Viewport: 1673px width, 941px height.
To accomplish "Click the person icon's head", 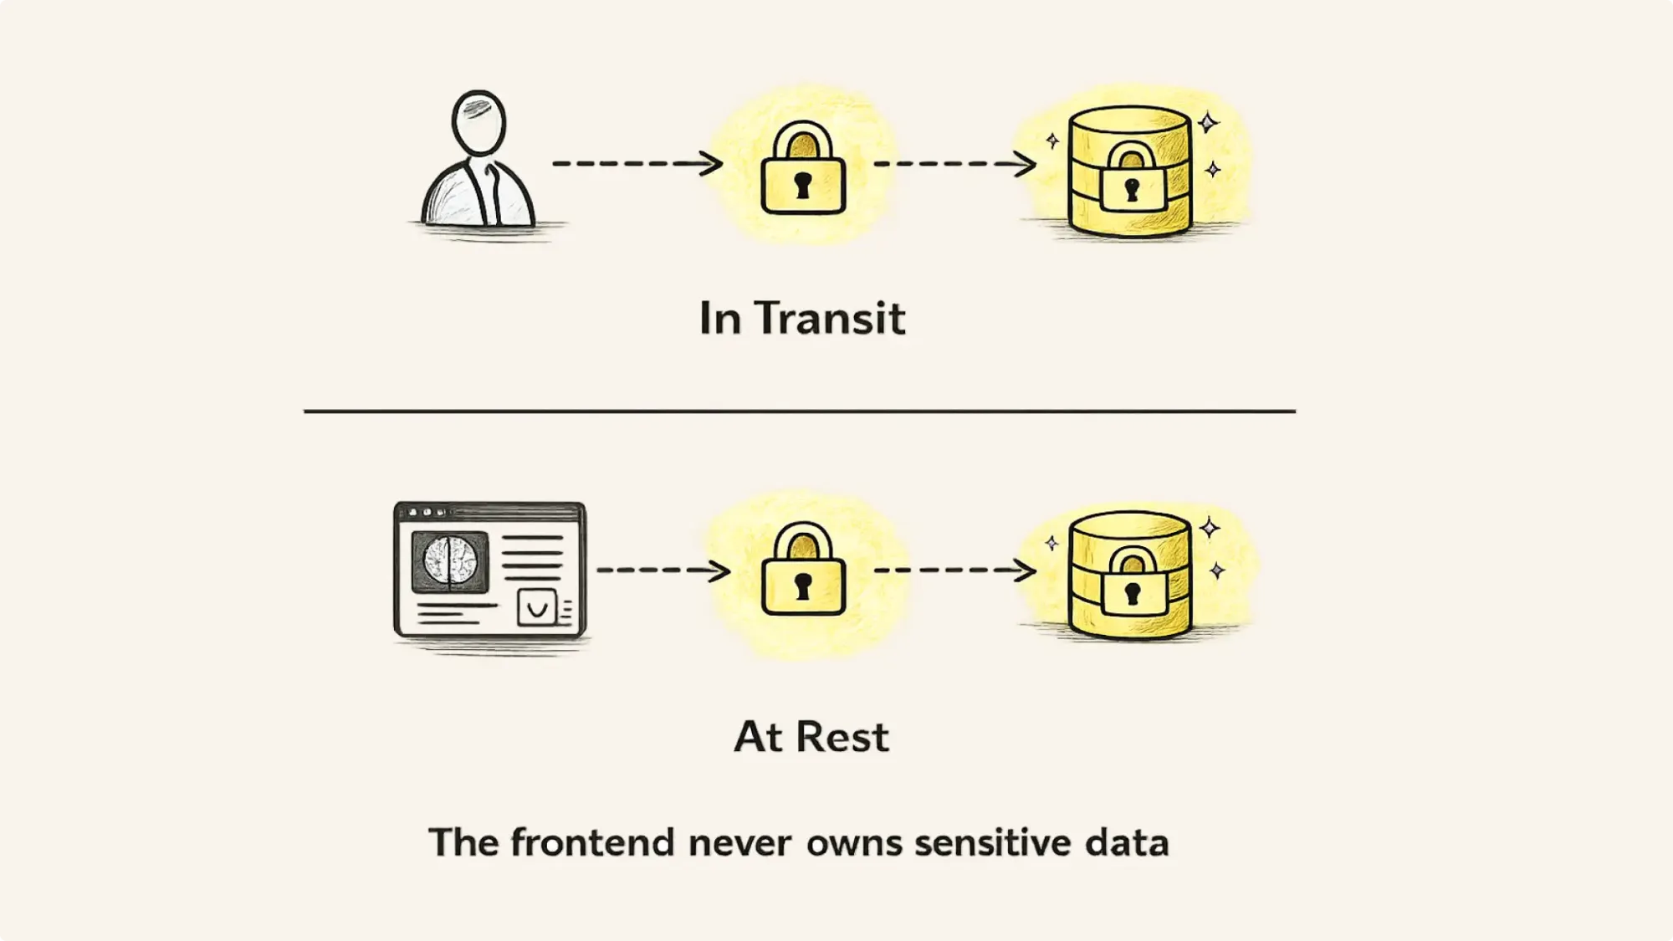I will [478, 122].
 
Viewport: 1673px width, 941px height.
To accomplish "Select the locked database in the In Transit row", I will [1130, 172].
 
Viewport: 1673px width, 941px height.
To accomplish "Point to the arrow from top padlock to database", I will [954, 164].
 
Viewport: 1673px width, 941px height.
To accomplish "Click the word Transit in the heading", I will [830, 319].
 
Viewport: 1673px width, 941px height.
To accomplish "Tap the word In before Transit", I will [719, 319].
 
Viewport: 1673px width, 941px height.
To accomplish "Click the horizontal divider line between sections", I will [799, 411].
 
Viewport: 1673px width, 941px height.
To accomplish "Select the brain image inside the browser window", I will [450, 560].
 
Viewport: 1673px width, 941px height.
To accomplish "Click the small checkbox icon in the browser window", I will [536, 607].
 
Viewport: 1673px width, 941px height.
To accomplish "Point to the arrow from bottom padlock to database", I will [954, 570].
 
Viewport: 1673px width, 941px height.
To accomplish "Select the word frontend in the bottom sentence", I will [592, 842].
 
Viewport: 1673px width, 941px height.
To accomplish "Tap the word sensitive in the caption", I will [992, 842].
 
